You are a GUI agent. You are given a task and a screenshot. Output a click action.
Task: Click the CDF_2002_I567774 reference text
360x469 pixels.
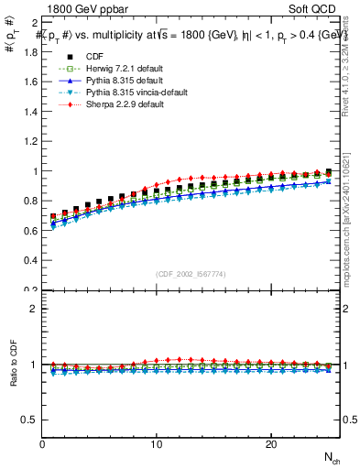click(x=192, y=273)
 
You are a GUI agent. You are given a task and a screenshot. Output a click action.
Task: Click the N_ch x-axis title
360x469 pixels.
click(x=332, y=456)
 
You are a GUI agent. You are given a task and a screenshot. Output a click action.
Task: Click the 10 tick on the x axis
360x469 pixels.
click(x=157, y=444)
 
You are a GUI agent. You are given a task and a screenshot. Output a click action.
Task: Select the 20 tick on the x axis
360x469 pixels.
click(x=271, y=444)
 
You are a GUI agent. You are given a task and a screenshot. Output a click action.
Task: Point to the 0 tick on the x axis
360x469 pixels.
click(x=43, y=444)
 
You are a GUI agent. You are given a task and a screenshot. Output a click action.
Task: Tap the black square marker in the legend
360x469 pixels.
click(x=64, y=57)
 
